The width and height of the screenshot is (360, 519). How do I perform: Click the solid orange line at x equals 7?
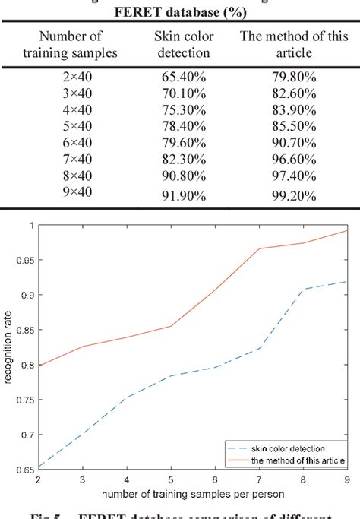click(x=259, y=248)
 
